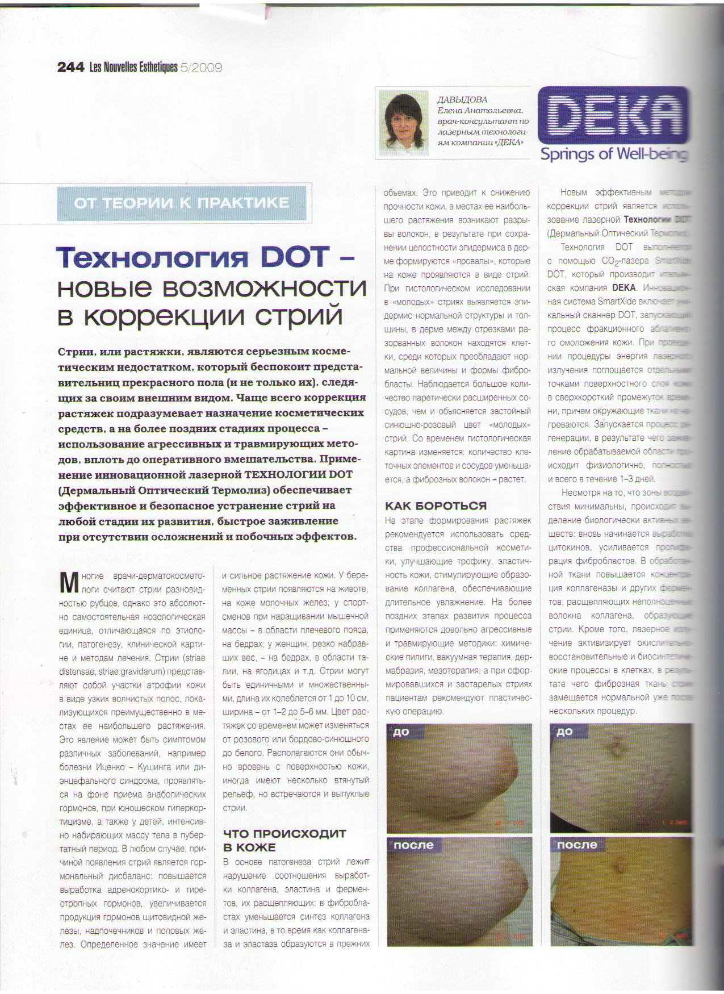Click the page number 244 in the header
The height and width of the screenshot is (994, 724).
[x=70, y=68]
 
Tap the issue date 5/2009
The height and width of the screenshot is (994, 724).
[x=201, y=68]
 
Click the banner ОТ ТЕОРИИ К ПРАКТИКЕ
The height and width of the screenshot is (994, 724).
[x=182, y=203]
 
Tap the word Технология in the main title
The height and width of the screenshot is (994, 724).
[x=153, y=258]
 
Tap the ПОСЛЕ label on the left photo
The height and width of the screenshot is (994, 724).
[x=413, y=845]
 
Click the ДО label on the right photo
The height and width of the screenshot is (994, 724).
[x=564, y=732]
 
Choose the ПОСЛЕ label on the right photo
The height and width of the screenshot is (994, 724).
[x=577, y=845]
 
